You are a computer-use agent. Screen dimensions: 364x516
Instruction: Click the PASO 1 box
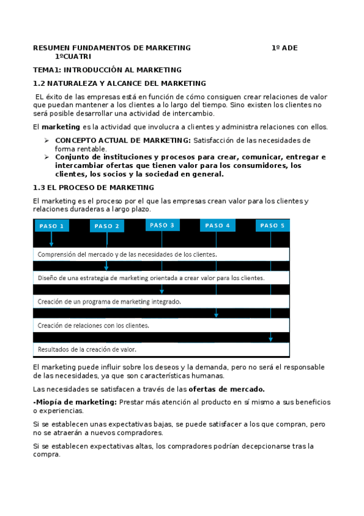click(x=52, y=226)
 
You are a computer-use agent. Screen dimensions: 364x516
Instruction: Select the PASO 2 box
click(x=107, y=226)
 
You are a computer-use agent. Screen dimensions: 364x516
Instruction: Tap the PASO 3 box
click(x=162, y=225)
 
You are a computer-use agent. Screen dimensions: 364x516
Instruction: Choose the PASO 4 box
click(x=218, y=225)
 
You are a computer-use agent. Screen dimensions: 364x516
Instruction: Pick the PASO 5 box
click(x=272, y=225)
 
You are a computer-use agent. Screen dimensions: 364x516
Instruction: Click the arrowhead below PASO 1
click(x=52, y=243)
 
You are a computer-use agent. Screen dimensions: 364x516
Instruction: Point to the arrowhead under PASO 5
click(x=271, y=338)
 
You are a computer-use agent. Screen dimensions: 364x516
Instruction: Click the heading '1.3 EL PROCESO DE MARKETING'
click(x=93, y=187)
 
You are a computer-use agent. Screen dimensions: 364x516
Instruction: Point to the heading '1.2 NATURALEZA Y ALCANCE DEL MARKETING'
click(x=119, y=83)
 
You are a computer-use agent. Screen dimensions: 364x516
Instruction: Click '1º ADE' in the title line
click(x=285, y=47)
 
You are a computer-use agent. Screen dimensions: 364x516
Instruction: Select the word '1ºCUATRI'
click(x=73, y=57)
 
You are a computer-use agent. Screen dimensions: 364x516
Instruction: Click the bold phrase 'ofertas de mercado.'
click(x=226, y=389)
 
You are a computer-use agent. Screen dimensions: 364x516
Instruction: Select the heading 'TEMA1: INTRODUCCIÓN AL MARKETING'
click(x=107, y=70)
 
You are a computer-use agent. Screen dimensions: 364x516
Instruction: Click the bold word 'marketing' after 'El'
click(x=61, y=127)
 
